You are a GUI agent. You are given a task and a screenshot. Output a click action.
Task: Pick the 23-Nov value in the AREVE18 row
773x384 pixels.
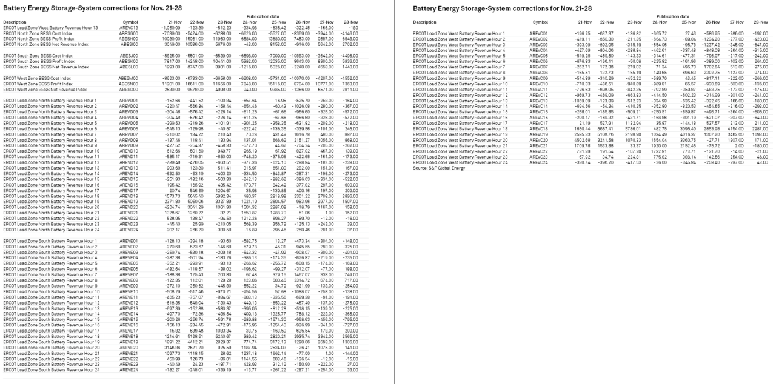(x=223, y=318)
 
